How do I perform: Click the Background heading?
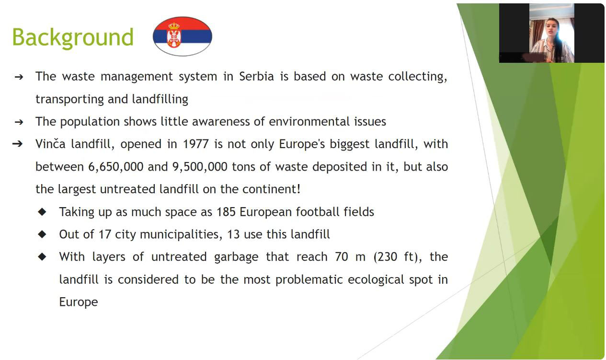click(x=73, y=37)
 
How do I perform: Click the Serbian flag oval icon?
click(x=183, y=36)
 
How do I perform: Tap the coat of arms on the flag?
click(x=174, y=35)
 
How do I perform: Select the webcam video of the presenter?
click(x=551, y=33)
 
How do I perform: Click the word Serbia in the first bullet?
click(x=256, y=77)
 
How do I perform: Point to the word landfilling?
click(x=160, y=99)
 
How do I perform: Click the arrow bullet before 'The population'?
click(x=19, y=122)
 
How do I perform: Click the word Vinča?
click(x=50, y=144)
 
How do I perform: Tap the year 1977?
click(x=196, y=144)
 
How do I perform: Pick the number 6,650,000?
click(x=116, y=167)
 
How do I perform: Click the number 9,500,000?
click(x=200, y=167)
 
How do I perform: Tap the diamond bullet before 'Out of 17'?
click(x=42, y=234)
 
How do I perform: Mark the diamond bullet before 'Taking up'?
click(x=42, y=212)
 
